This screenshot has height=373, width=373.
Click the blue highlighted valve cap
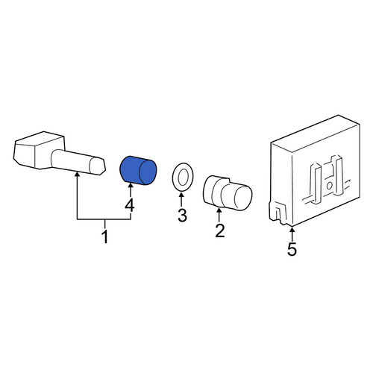click(138, 171)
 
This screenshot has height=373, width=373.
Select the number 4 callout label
click(130, 206)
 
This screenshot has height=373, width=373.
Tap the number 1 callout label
click(105, 236)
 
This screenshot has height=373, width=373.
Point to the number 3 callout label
click(182, 216)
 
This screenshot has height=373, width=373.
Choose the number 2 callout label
click(219, 231)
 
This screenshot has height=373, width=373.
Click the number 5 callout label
click(292, 249)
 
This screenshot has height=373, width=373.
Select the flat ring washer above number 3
click(183, 177)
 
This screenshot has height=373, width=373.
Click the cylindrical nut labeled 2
click(228, 192)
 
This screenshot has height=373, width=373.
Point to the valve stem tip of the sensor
click(97, 166)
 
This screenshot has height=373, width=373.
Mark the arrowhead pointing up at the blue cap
click(130, 184)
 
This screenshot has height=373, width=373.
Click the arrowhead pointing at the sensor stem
click(78, 175)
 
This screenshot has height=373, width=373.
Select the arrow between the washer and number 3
click(181, 200)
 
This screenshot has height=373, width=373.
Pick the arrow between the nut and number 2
click(219, 216)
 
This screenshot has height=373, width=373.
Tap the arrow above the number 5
click(292, 234)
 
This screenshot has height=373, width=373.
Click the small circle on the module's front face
click(329, 186)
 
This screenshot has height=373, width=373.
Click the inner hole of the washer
click(184, 177)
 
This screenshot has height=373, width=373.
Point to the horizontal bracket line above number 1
click(104, 219)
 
